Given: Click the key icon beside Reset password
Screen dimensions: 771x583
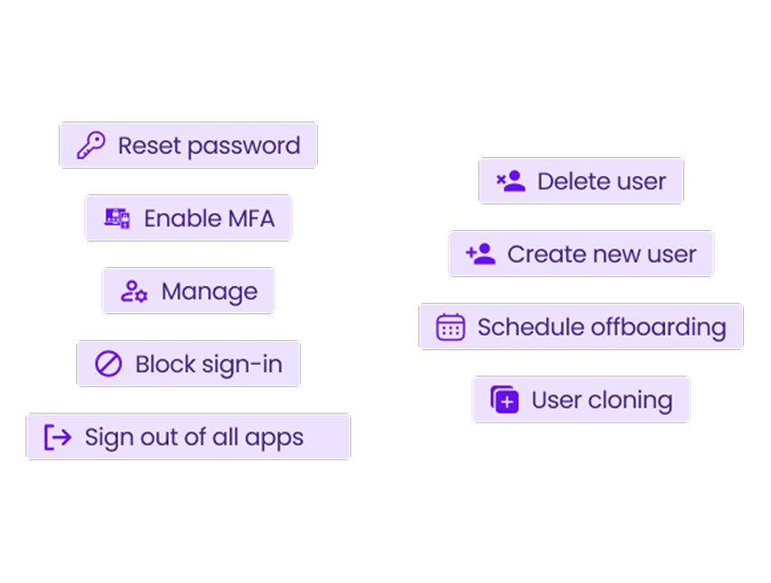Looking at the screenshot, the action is (91, 145).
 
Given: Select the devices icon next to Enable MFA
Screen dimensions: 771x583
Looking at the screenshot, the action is (117, 218).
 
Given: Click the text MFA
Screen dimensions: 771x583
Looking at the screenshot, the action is (251, 218).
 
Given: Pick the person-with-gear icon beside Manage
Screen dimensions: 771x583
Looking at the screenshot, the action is (134, 291).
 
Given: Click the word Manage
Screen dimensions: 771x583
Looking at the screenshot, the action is (209, 292).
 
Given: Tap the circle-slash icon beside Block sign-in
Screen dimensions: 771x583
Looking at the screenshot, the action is (108, 364).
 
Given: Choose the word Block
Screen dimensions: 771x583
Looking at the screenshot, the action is (165, 365).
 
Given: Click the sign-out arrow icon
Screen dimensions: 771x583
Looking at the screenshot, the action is (58, 437).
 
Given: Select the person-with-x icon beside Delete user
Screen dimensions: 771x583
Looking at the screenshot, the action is (511, 180).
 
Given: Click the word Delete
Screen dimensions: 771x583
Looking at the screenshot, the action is (574, 181).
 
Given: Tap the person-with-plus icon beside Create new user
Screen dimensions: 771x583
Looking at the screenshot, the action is (480, 254).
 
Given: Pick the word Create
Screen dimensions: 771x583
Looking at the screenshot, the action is (547, 254).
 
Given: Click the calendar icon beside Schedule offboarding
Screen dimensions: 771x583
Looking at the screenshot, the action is (451, 327).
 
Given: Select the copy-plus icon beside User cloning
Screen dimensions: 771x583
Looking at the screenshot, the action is (505, 400).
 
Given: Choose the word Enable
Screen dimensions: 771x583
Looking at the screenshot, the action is (183, 218).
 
